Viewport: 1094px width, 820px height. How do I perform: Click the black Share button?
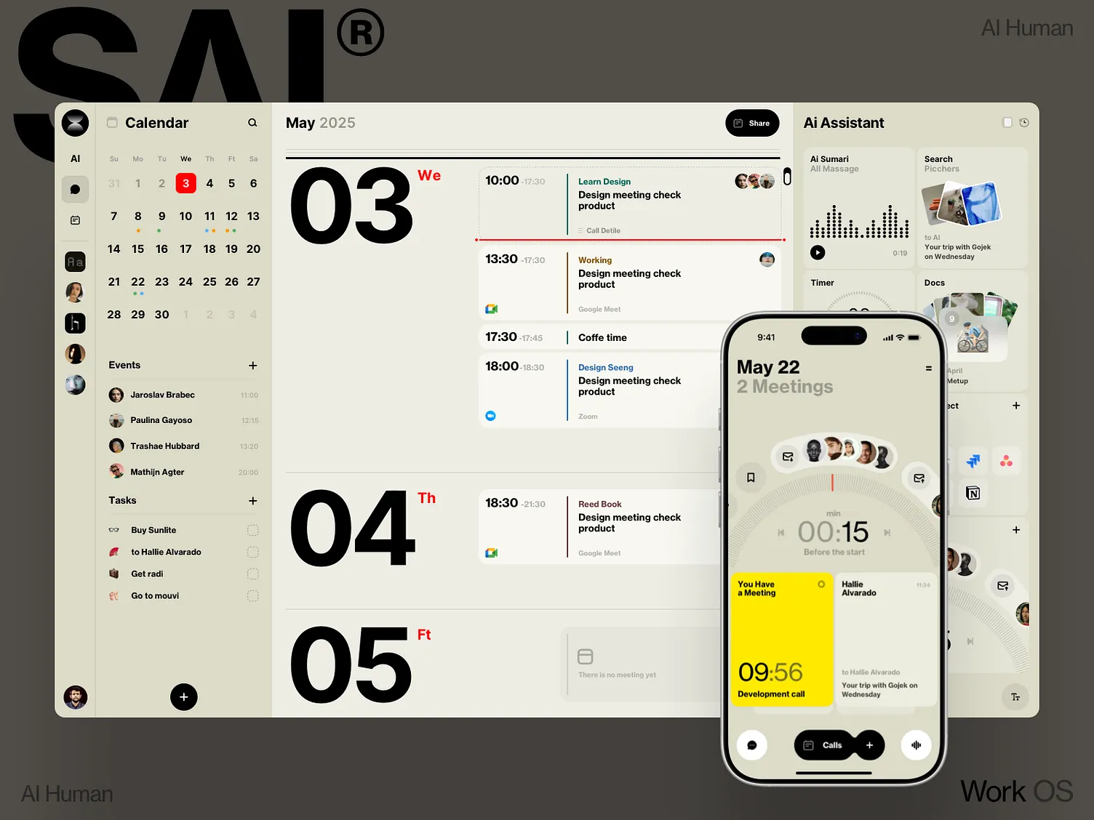pos(752,123)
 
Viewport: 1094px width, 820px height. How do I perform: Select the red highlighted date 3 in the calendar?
pos(185,183)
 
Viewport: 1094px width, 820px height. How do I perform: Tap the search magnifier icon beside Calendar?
pos(252,123)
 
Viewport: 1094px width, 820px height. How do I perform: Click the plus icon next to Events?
pos(252,366)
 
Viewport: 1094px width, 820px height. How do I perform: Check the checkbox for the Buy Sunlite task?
pos(252,531)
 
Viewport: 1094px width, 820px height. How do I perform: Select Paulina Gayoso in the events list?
pos(161,420)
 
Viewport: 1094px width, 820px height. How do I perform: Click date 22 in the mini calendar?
pos(137,282)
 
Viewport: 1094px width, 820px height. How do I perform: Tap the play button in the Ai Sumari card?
pos(818,253)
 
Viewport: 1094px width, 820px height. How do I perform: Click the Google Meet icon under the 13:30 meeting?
pos(492,309)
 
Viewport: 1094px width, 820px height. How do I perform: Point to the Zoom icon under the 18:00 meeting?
pos(491,416)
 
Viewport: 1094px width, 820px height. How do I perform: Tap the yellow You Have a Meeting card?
pos(781,639)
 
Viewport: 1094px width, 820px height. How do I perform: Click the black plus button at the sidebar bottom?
pos(184,697)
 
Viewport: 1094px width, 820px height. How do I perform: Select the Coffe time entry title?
pos(602,338)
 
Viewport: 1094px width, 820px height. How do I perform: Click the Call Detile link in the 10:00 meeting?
pos(603,230)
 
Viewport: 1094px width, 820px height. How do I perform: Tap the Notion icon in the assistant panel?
pos(973,494)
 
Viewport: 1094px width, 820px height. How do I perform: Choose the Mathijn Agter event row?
pos(157,472)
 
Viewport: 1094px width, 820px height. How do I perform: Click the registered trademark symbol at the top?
pos(360,33)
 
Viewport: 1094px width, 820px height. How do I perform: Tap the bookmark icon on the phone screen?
pos(751,478)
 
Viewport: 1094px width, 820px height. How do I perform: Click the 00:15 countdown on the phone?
pos(833,532)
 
